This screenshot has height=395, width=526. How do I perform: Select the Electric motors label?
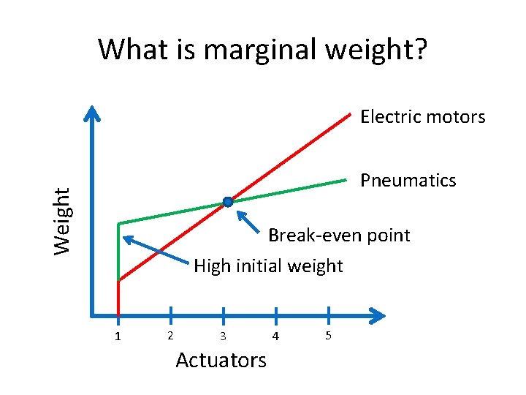click(422, 117)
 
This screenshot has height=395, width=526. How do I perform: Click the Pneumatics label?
click(408, 181)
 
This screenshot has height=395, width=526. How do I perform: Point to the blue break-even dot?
click(228, 202)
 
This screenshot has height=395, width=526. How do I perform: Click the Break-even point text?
click(339, 236)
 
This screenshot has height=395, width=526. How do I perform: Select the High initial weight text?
click(268, 266)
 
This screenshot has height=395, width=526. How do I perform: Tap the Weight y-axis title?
click(64, 220)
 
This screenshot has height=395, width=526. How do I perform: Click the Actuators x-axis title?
click(221, 360)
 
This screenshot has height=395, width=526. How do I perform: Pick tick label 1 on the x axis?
click(118, 336)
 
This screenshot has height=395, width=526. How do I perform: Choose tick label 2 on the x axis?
click(170, 336)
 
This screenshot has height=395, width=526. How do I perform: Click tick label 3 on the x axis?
click(223, 336)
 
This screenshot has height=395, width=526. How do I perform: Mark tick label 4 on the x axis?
click(275, 336)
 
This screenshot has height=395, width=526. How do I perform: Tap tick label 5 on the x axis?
click(329, 336)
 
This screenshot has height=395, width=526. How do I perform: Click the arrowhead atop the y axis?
click(92, 113)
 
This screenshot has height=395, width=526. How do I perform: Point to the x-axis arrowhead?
click(377, 316)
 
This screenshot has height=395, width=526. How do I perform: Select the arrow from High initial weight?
click(157, 249)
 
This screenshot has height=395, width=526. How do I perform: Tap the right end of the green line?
click(345, 179)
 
